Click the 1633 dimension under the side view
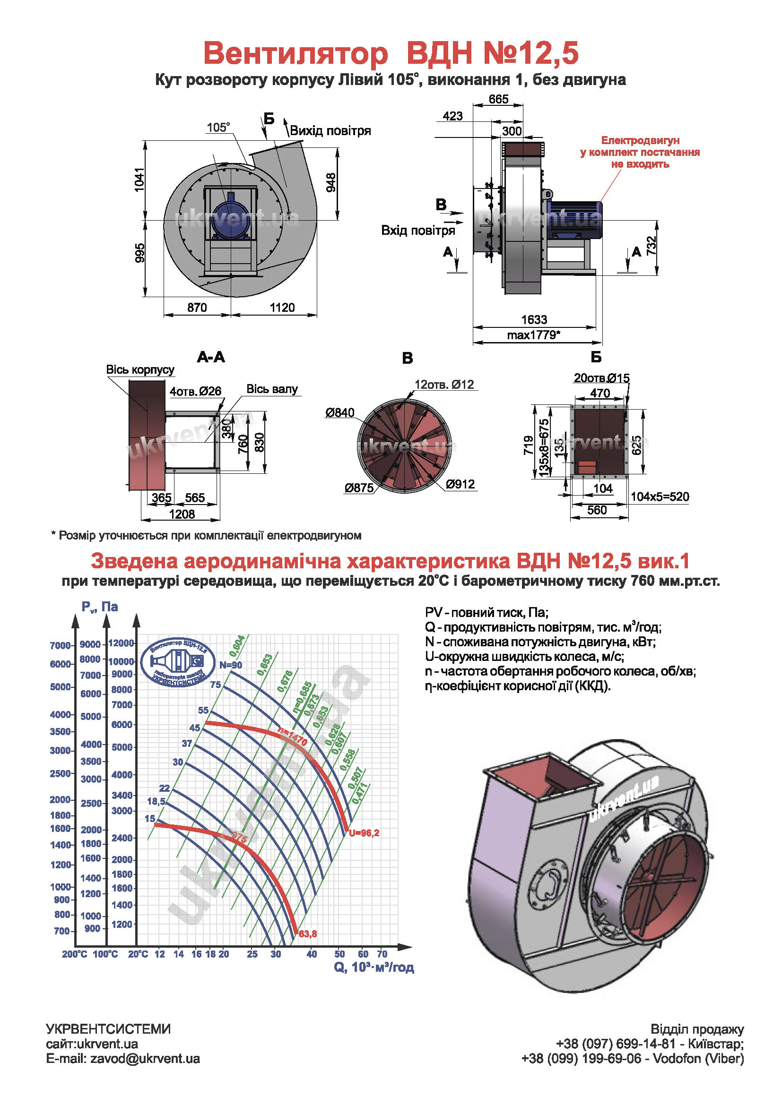pos(534,319)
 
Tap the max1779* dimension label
pos(533,335)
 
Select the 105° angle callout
pos(218,128)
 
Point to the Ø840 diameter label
pos(339,412)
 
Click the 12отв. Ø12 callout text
pos(444,385)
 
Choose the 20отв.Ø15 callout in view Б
pos(601,378)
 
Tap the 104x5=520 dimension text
pos(660,497)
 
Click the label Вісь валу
pos(272,389)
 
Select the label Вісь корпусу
pos(140,369)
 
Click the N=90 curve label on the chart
pos(231,665)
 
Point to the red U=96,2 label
pos(364,833)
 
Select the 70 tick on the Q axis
pos(382,954)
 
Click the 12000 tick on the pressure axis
pos(121,643)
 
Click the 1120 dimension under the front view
pos(282,308)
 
